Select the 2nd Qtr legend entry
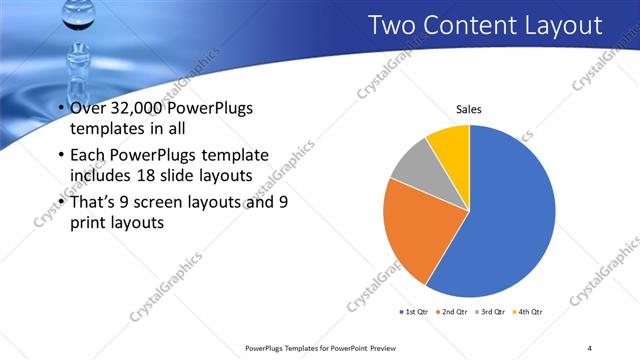click(x=452, y=312)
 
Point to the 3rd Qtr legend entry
click(x=491, y=312)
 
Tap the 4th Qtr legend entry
click(x=529, y=312)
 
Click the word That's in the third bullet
click(x=94, y=201)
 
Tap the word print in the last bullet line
click(x=89, y=223)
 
